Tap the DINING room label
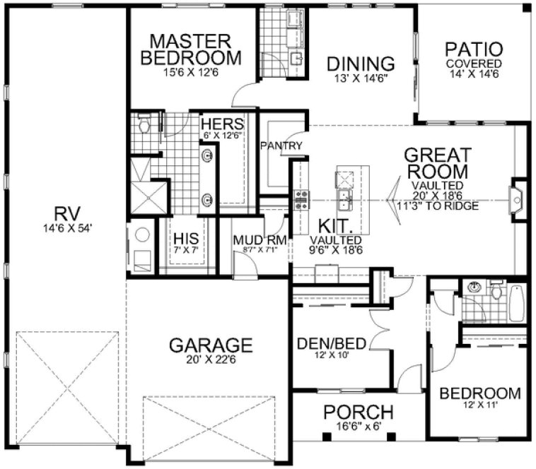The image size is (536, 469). (x=361, y=64)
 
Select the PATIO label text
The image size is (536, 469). (x=474, y=50)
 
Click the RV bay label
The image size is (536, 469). (x=67, y=213)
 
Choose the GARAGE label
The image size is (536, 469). (x=210, y=345)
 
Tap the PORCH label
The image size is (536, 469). (x=358, y=412)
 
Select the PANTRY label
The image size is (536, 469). (x=281, y=146)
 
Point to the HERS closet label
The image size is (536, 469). (x=222, y=123)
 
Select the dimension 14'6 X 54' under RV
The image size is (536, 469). (x=67, y=227)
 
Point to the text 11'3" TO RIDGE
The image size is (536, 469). (x=432, y=206)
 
